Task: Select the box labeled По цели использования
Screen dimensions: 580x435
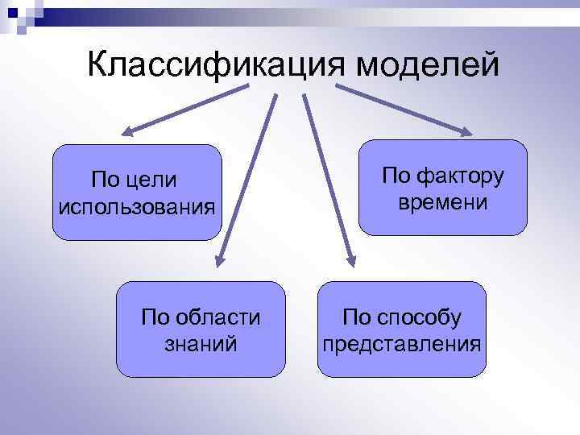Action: (137, 192)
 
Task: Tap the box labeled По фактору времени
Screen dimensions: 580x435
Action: (442, 187)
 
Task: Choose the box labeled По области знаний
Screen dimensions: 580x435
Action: (201, 329)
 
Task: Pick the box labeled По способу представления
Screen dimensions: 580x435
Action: (401, 329)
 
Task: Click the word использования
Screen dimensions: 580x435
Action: (137, 206)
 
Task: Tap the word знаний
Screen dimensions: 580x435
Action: (201, 344)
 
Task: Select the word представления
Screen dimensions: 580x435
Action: (401, 344)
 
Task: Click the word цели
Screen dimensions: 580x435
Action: (156, 178)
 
